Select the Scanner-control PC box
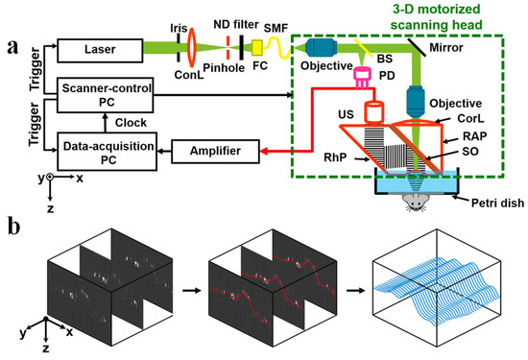[x=99, y=94]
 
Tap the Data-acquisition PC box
[x=99, y=151]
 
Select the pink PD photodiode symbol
[x=364, y=75]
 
